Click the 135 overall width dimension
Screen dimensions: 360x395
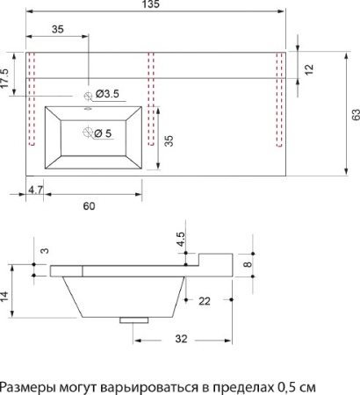151,4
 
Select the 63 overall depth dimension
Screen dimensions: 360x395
356,115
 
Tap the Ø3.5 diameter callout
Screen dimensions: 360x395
107,94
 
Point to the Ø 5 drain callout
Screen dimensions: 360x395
103,133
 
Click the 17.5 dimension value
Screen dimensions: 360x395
5,78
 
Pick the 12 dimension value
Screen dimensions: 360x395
309,69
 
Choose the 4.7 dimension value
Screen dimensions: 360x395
35,190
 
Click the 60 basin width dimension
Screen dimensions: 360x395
89,206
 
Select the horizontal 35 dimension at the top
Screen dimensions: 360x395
58,29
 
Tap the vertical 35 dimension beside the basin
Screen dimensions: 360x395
169,140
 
